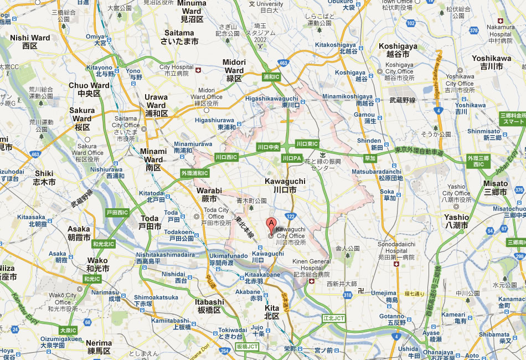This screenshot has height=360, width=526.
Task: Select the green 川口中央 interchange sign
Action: (x=269, y=147)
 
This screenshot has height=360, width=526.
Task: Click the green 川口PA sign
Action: (x=291, y=158)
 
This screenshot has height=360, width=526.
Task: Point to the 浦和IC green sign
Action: (x=271, y=76)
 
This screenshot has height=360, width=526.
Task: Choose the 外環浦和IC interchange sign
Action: (x=194, y=173)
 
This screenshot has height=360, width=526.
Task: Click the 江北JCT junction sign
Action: (x=334, y=318)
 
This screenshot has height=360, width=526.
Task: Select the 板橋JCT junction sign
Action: (x=247, y=346)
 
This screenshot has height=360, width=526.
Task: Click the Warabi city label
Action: (x=209, y=194)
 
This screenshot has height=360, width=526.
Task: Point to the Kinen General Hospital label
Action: (x=312, y=265)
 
